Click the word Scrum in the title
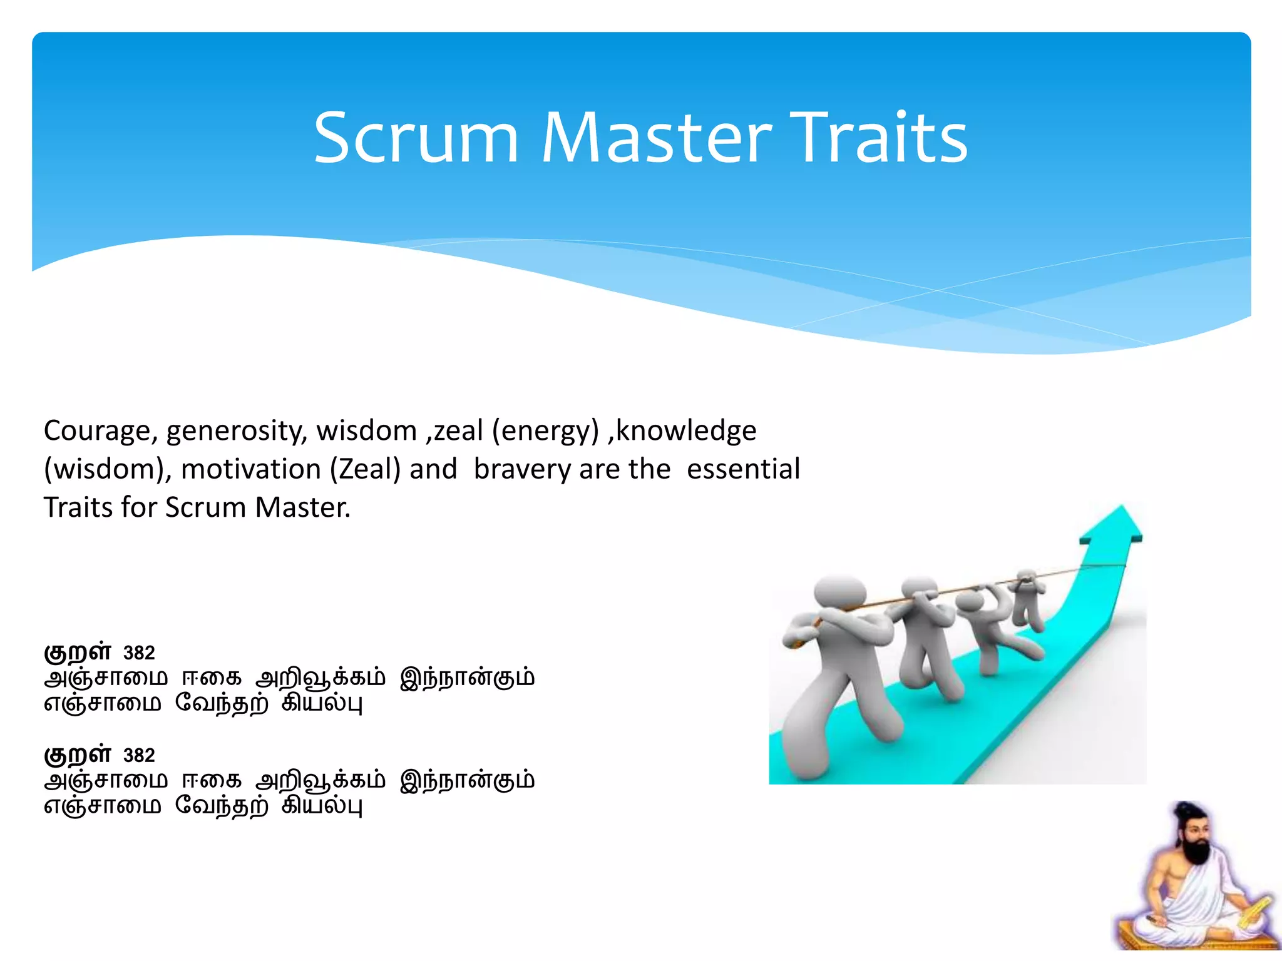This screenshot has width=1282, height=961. [416, 138]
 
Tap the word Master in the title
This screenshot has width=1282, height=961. [656, 138]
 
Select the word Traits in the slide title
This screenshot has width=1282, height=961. [881, 138]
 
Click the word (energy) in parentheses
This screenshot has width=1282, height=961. [545, 432]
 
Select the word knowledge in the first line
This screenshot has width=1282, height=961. [686, 430]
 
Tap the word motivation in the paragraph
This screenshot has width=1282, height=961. [251, 469]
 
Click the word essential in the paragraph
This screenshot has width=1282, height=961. [743, 469]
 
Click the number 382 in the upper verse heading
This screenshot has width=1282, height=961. [139, 653]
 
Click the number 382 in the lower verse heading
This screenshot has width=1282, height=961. [139, 756]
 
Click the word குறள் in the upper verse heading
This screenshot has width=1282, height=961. [78, 652]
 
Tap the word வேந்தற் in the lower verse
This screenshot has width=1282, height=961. [222, 806]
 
